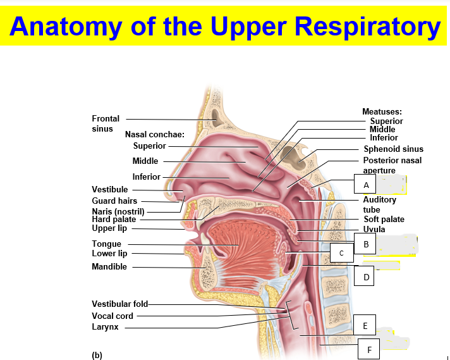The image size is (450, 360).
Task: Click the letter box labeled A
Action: tap(365, 184)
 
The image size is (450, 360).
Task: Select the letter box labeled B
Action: tap(365, 243)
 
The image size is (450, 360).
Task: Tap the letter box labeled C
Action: tap(341, 253)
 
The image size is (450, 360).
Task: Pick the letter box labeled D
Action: tap(365, 276)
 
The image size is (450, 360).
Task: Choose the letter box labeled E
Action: tap(365, 326)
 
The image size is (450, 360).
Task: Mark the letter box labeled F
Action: tap(369, 348)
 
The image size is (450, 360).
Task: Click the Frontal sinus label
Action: tap(106, 123)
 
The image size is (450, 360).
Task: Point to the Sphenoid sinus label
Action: tap(393, 149)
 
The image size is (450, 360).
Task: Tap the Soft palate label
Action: tap(384, 220)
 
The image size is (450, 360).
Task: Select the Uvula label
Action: tap(374, 229)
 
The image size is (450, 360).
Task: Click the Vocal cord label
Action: tap(113, 316)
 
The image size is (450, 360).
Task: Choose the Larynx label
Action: tap(105, 327)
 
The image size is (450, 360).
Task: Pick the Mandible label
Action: tap(109, 266)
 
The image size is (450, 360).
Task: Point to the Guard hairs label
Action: tap(114, 201)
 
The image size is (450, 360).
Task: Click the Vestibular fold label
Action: tap(120, 304)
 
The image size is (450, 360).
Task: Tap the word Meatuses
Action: tap(382, 112)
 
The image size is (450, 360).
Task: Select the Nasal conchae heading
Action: tap(154, 134)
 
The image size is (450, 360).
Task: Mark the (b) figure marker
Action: tap(97, 355)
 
